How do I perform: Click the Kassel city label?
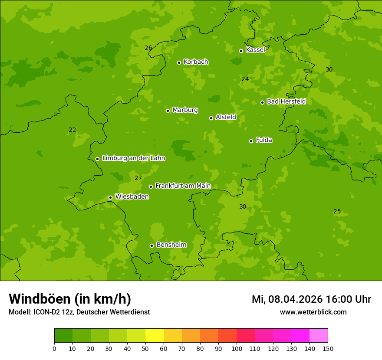255,50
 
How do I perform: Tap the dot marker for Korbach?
179,62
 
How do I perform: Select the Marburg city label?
185,110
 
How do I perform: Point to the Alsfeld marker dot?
211,118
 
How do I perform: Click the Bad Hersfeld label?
286,101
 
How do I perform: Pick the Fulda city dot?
251,141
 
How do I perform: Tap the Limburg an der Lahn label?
133,158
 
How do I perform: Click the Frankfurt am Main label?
183,186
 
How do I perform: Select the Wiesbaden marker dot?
110,197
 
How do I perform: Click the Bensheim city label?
171,245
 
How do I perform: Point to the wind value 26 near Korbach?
148,48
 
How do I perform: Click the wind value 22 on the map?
72,130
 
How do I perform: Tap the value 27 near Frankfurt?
138,178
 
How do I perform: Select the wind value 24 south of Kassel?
245,79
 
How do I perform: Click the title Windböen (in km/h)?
70,299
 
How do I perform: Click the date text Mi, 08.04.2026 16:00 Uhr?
311,299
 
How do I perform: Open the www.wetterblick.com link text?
313,312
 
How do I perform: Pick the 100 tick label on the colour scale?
237,348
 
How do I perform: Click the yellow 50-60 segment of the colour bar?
155,336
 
